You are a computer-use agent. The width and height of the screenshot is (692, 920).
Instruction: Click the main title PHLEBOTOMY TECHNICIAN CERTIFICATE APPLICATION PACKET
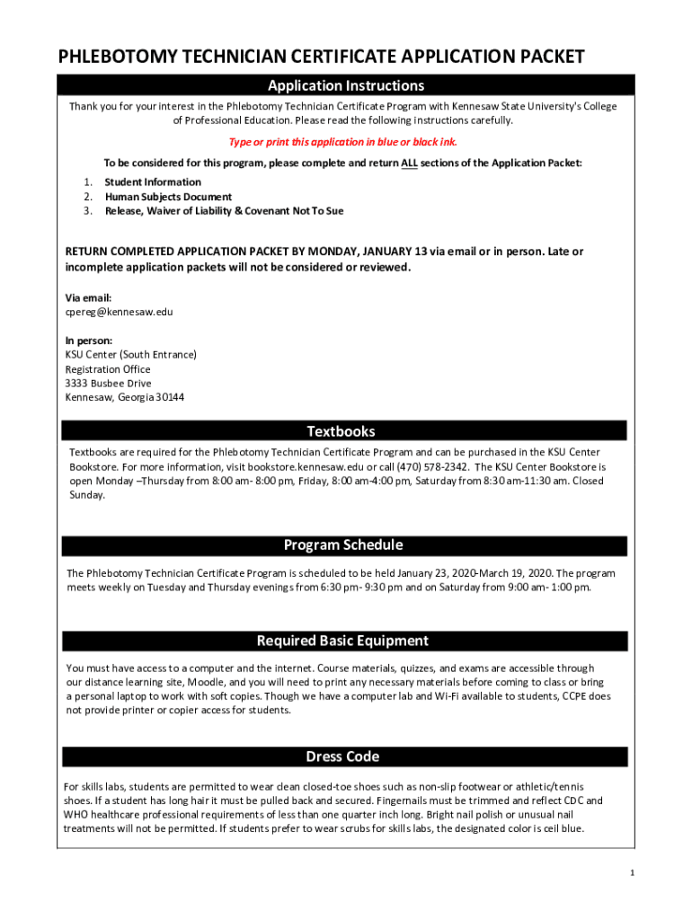click(x=322, y=57)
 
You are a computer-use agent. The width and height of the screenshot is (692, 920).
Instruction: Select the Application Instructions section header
click(x=346, y=86)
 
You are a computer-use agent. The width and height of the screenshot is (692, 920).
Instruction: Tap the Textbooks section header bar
click(x=342, y=431)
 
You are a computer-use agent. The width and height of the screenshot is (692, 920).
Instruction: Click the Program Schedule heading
click(x=343, y=545)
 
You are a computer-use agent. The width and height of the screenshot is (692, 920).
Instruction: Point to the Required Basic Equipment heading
click(x=342, y=641)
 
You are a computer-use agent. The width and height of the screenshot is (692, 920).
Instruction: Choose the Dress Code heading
click(x=342, y=756)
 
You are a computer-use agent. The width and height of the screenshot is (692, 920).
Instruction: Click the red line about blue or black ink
click(x=349, y=142)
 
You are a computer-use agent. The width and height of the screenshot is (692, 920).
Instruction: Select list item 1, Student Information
click(x=153, y=182)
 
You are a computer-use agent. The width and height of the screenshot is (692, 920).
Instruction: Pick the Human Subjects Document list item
click(x=168, y=197)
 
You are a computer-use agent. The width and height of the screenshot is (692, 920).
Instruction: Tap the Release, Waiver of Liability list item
click(x=224, y=211)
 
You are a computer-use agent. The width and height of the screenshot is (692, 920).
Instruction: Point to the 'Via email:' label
click(x=88, y=297)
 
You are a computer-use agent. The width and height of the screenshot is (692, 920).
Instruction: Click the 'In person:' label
click(x=89, y=341)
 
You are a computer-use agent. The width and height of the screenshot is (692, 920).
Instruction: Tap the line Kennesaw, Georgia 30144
click(x=125, y=398)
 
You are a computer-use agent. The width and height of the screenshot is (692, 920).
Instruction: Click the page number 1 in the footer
click(x=633, y=873)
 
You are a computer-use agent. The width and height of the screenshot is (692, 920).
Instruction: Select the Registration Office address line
click(x=108, y=369)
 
